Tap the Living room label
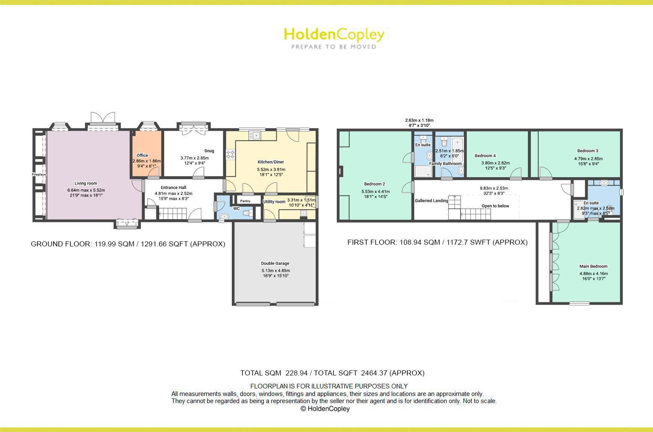pyautogui.click(x=86, y=183)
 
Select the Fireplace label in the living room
pyautogui.click(x=39, y=174)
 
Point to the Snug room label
pyautogui.click(x=209, y=151)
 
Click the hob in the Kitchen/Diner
pyautogui.click(x=230, y=154)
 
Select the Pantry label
pyautogui.click(x=245, y=201)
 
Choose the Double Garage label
pyautogui.click(x=275, y=264)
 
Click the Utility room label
pyautogui.click(x=274, y=202)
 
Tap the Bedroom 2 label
pyautogui.click(x=375, y=184)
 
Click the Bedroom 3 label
pyautogui.click(x=588, y=151)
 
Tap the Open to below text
pyautogui.click(x=495, y=206)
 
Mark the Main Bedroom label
pyautogui.click(x=593, y=266)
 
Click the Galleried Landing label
pyautogui.click(x=432, y=201)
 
